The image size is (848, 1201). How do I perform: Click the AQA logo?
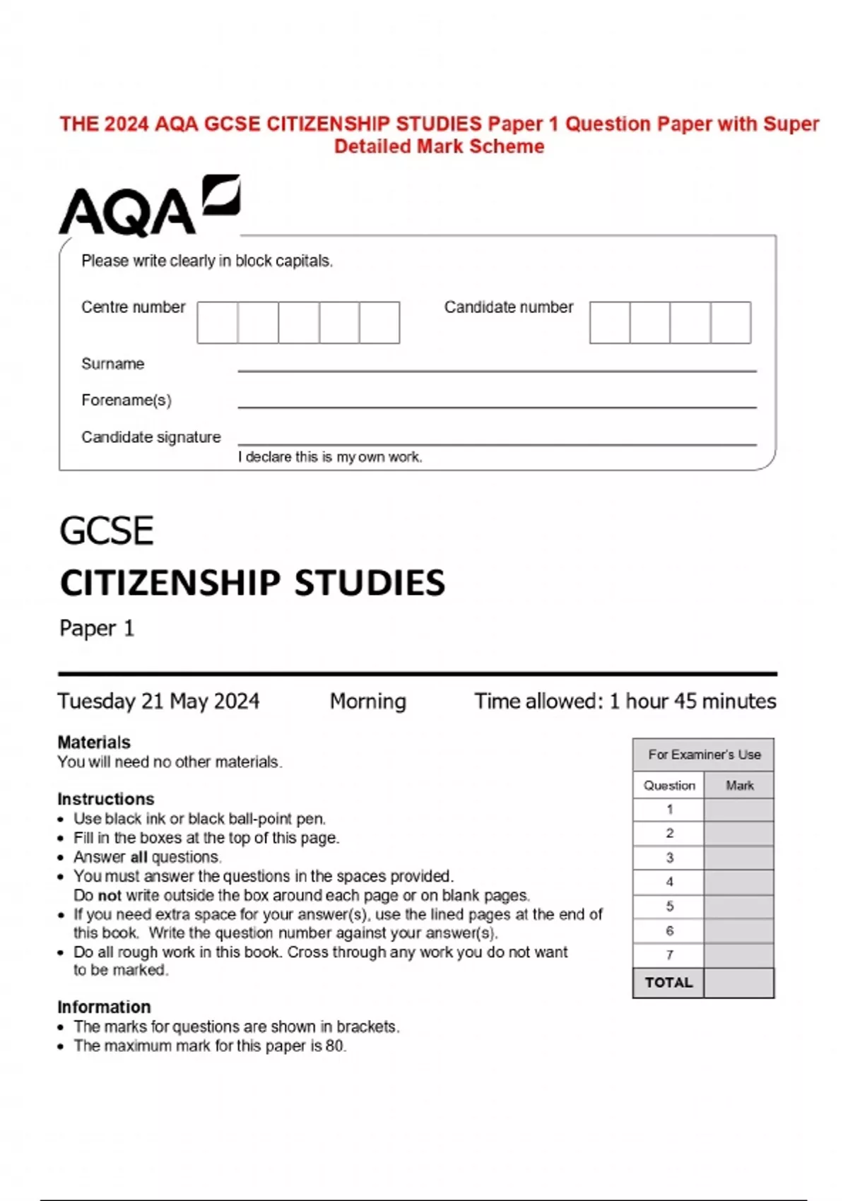tap(149, 206)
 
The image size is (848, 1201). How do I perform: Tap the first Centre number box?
tap(218, 323)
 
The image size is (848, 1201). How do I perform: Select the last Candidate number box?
tap(731, 323)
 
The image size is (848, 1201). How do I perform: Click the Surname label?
tap(112, 364)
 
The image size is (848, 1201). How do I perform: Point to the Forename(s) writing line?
tap(497, 406)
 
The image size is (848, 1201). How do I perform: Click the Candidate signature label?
tap(151, 437)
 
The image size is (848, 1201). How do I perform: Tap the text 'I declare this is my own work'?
tap(330, 457)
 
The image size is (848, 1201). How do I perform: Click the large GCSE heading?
tap(107, 531)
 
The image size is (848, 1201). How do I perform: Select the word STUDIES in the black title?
tap(370, 584)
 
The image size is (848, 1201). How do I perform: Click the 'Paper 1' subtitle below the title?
tap(97, 628)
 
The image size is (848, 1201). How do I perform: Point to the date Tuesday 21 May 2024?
tap(158, 701)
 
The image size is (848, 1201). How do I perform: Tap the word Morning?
tap(367, 701)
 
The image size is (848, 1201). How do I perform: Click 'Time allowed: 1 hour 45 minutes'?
tap(625, 701)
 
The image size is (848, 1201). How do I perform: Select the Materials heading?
tap(94, 743)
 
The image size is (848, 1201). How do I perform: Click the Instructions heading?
tap(106, 799)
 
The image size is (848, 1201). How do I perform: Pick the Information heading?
tap(104, 1007)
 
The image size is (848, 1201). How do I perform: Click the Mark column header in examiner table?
tap(739, 786)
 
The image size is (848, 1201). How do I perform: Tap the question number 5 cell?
tap(669, 906)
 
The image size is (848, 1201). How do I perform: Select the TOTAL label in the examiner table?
tap(669, 983)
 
